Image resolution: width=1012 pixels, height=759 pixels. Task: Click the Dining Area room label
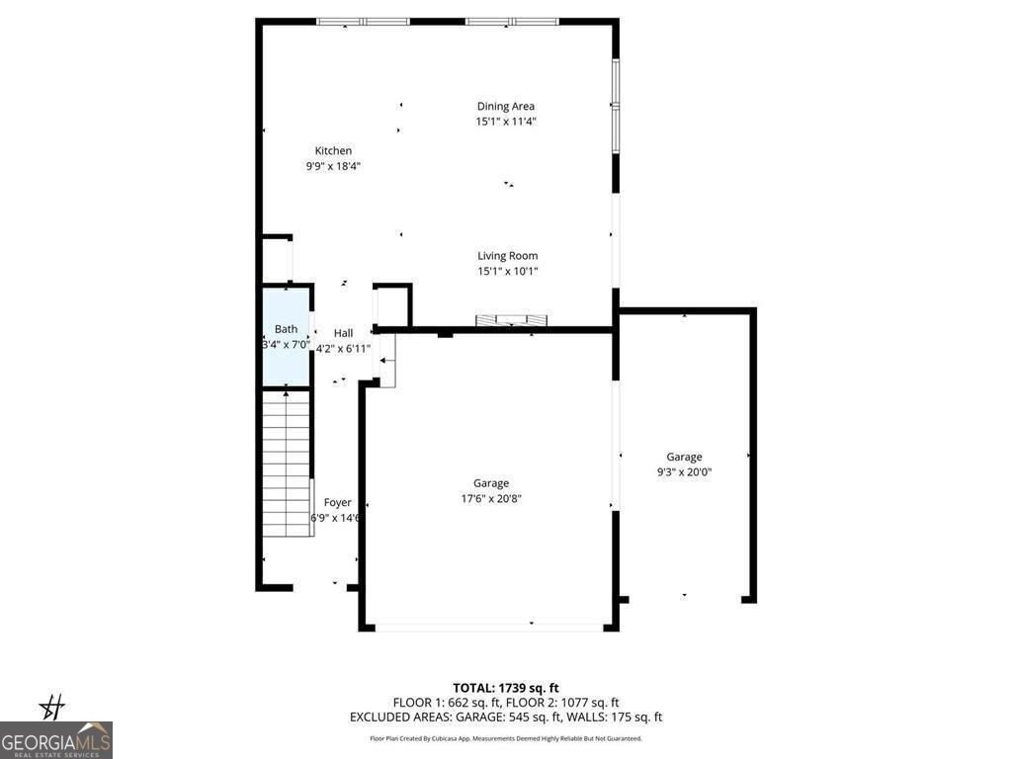click(506, 107)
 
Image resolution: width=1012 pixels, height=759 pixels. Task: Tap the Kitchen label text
click(333, 151)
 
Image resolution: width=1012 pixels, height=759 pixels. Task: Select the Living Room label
click(507, 256)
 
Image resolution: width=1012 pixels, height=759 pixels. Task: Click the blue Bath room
click(286, 336)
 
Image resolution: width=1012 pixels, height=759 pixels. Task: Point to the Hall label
click(343, 333)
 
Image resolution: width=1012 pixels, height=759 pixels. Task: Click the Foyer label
click(337, 503)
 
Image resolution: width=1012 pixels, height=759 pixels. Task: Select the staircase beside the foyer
click(287, 463)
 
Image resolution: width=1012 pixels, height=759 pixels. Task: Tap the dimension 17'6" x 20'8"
click(491, 499)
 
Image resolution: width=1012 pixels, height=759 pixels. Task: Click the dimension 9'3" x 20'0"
click(684, 472)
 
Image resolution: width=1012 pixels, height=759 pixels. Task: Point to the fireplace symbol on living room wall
click(512, 320)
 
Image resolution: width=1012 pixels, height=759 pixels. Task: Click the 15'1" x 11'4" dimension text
click(506, 122)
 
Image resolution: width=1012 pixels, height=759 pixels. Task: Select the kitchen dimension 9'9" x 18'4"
click(333, 166)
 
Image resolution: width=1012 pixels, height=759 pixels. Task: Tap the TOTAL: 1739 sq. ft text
click(506, 688)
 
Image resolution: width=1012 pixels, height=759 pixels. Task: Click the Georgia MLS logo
click(56, 740)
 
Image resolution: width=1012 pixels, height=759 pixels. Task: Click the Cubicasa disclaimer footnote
click(506, 738)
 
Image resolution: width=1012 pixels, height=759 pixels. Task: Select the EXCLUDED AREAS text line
click(506, 717)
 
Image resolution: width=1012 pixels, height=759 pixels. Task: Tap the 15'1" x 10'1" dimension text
click(507, 271)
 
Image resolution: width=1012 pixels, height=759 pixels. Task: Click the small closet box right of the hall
click(392, 305)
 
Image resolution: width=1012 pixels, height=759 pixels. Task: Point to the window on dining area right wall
click(615, 105)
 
